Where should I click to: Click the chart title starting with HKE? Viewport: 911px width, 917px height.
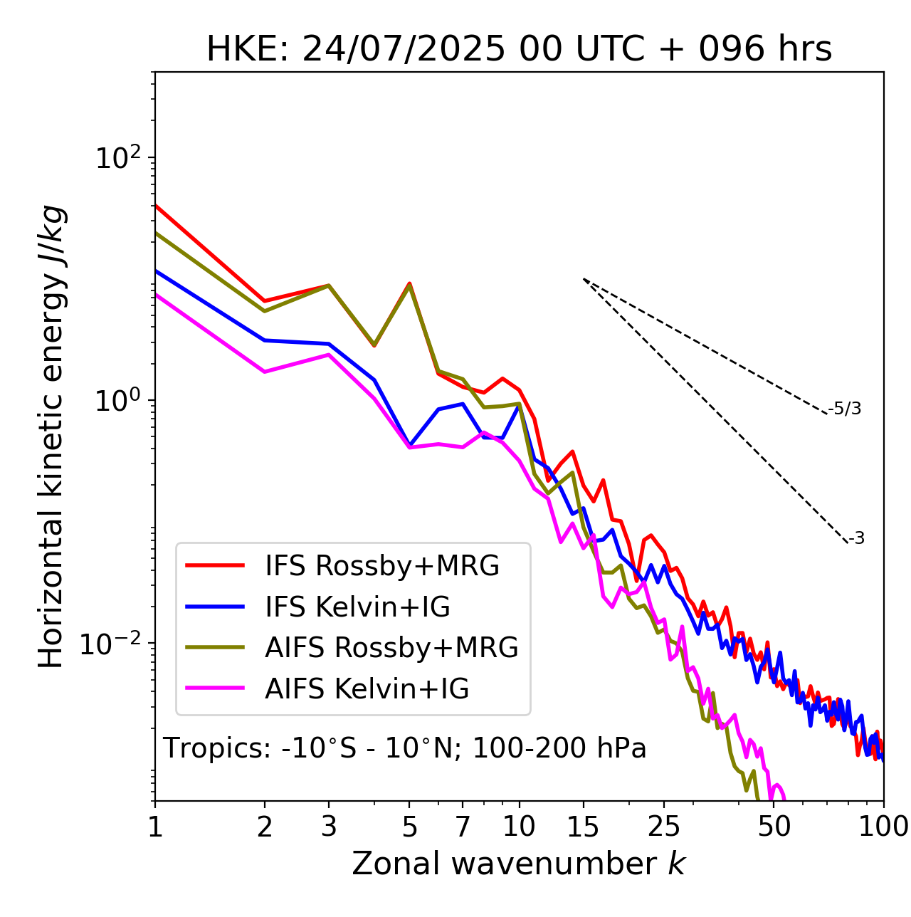click(519, 50)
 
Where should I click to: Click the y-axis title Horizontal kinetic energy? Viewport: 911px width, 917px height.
click(51, 436)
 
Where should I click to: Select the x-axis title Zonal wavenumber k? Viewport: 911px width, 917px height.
click(519, 864)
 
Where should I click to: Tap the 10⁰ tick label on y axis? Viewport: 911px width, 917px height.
click(117, 400)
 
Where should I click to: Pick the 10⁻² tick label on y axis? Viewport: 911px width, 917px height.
click(114, 644)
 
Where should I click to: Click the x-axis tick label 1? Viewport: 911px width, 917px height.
click(155, 827)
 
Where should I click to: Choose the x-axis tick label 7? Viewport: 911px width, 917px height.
click(463, 827)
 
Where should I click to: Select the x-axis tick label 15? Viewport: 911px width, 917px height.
click(583, 827)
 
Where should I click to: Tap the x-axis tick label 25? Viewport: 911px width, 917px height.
click(663, 827)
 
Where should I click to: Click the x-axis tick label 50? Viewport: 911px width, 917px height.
click(774, 827)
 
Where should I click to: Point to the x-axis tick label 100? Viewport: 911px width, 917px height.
click(883, 827)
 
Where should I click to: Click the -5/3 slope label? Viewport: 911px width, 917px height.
click(845, 409)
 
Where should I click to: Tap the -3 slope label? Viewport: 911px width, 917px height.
click(857, 539)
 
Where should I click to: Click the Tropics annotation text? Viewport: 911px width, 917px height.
click(405, 749)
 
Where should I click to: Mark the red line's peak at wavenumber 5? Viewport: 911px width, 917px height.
click(409, 283)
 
